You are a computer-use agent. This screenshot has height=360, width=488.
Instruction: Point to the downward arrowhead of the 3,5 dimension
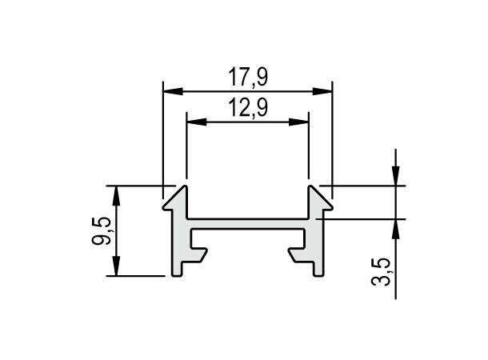pyautogui.click(x=396, y=179)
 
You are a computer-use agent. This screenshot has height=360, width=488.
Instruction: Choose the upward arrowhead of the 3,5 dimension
pyautogui.click(x=396, y=224)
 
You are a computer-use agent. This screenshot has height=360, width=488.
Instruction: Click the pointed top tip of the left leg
pyautogui.click(x=186, y=189)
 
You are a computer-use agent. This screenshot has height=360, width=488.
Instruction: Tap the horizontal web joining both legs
pyautogui.click(x=247, y=222)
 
